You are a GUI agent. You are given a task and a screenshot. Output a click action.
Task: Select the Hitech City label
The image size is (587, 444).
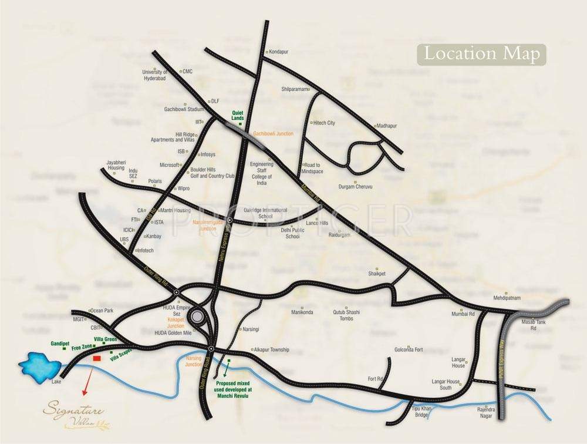323,123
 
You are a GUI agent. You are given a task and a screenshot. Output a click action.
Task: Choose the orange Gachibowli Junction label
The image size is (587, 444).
272,134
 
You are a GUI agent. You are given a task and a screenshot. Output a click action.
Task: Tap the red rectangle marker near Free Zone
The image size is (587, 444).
97,358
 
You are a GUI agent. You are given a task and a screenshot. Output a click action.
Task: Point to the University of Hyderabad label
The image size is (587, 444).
156,75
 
